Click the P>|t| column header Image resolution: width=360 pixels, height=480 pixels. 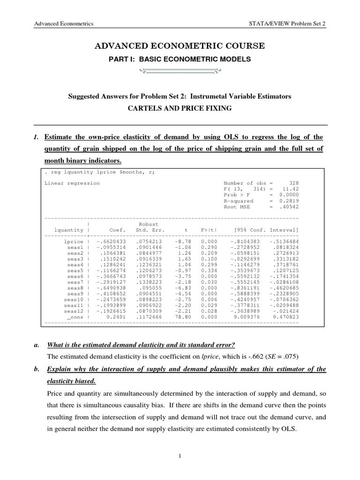[209, 230]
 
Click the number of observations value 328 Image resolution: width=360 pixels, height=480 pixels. [294, 183]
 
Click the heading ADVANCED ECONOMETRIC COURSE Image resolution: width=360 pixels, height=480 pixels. [180, 45]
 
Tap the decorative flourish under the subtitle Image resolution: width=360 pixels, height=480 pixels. [180, 72]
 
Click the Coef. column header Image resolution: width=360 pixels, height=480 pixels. [117, 230]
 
